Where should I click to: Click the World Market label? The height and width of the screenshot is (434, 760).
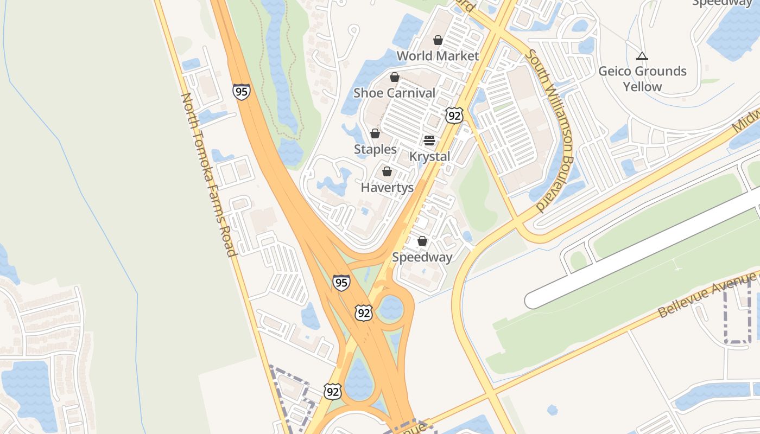(438, 56)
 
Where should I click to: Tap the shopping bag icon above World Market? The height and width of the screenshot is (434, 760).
(438, 40)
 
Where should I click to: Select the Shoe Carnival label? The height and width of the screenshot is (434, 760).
(394, 93)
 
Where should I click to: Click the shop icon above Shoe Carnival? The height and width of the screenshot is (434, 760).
(395, 78)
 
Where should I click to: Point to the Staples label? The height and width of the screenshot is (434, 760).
(375, 149)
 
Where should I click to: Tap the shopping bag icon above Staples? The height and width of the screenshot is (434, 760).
(375, 133)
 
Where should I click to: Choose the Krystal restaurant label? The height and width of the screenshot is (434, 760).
(429, 156)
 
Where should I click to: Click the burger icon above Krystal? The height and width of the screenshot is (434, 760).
(429, 141)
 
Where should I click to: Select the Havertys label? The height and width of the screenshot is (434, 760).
(387, 188)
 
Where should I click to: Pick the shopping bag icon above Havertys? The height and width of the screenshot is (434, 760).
(387, 172)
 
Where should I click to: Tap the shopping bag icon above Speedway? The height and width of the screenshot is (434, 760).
(422, 241)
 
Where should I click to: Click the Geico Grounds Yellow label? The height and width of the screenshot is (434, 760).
(642, 79)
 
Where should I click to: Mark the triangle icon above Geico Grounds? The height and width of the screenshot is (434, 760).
(642, 56)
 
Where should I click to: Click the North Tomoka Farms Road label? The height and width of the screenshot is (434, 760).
(209, 174)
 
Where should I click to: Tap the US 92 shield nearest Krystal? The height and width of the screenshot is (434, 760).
(454, 115)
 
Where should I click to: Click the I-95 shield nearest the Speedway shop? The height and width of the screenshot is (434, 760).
(341, 283)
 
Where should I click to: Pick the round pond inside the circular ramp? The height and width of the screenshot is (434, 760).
(390, 308)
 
